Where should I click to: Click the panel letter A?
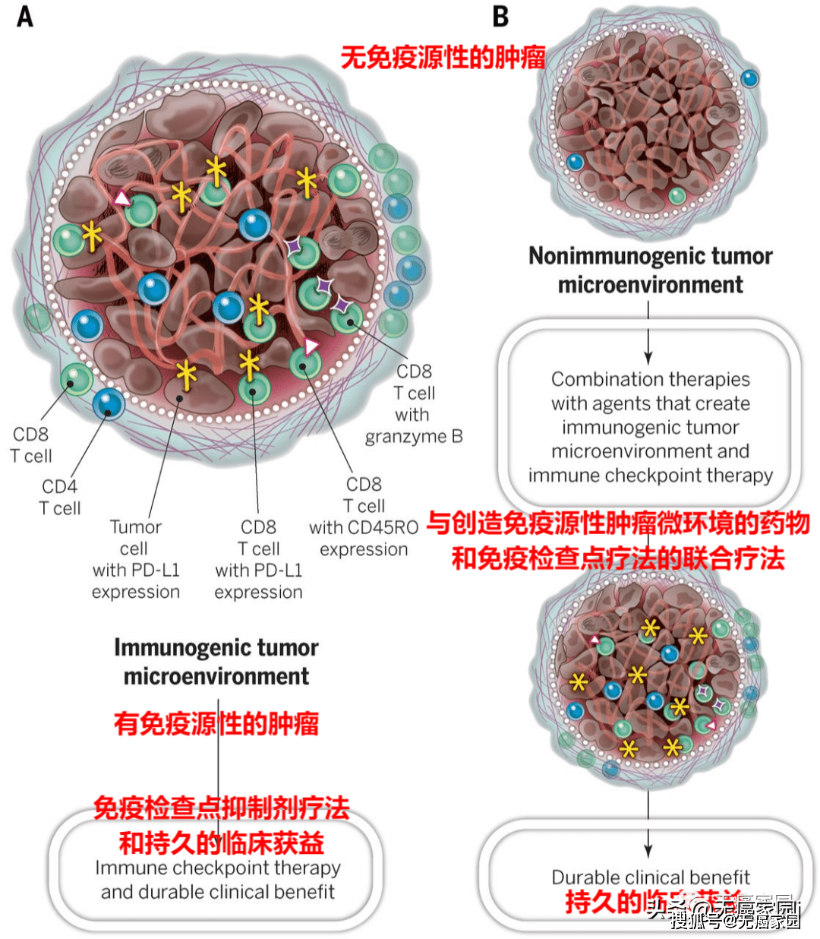[x=25, y=16]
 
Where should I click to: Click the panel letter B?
[x=500, y=16]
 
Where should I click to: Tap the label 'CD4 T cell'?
[x=60, y=497]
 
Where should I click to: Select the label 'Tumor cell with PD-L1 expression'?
[x=136, y=559]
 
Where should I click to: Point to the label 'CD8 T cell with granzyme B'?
[x=414, y=403]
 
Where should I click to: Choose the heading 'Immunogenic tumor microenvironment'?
[x=216, y=662]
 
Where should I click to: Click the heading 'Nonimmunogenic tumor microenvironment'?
[x=650, y=270]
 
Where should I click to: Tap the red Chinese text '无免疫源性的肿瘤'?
[x=443, y=58]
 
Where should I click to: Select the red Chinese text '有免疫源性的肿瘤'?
[x=216, y=723]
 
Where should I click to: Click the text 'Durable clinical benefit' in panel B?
[x=650, y=877]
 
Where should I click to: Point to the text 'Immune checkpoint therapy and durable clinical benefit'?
[x=218, y=880]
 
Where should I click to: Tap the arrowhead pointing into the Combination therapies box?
[x=648, y=357]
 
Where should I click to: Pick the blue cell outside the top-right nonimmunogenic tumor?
[x=749, y=78]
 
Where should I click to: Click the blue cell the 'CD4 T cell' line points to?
[x=108, y=403]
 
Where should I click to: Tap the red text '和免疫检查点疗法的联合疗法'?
[x=617, y=558]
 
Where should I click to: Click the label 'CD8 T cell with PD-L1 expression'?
[x=258, y=559]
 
